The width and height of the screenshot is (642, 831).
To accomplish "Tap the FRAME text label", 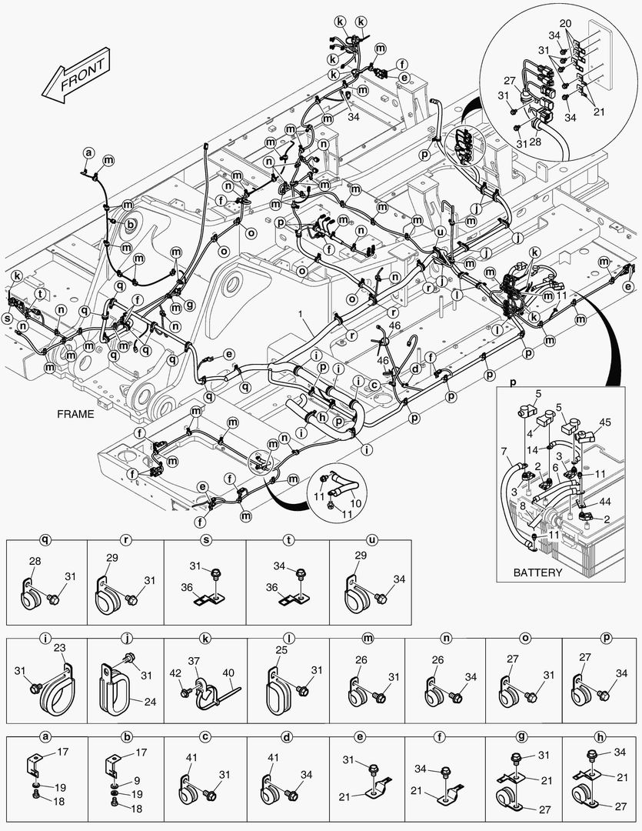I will point(75,413).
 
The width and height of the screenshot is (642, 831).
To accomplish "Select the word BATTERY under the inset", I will point(537,572).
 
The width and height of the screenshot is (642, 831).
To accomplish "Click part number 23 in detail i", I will point(58,648).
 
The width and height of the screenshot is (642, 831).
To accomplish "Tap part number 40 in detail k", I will point(228,672).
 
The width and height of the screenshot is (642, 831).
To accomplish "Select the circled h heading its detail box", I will point(602,736).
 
